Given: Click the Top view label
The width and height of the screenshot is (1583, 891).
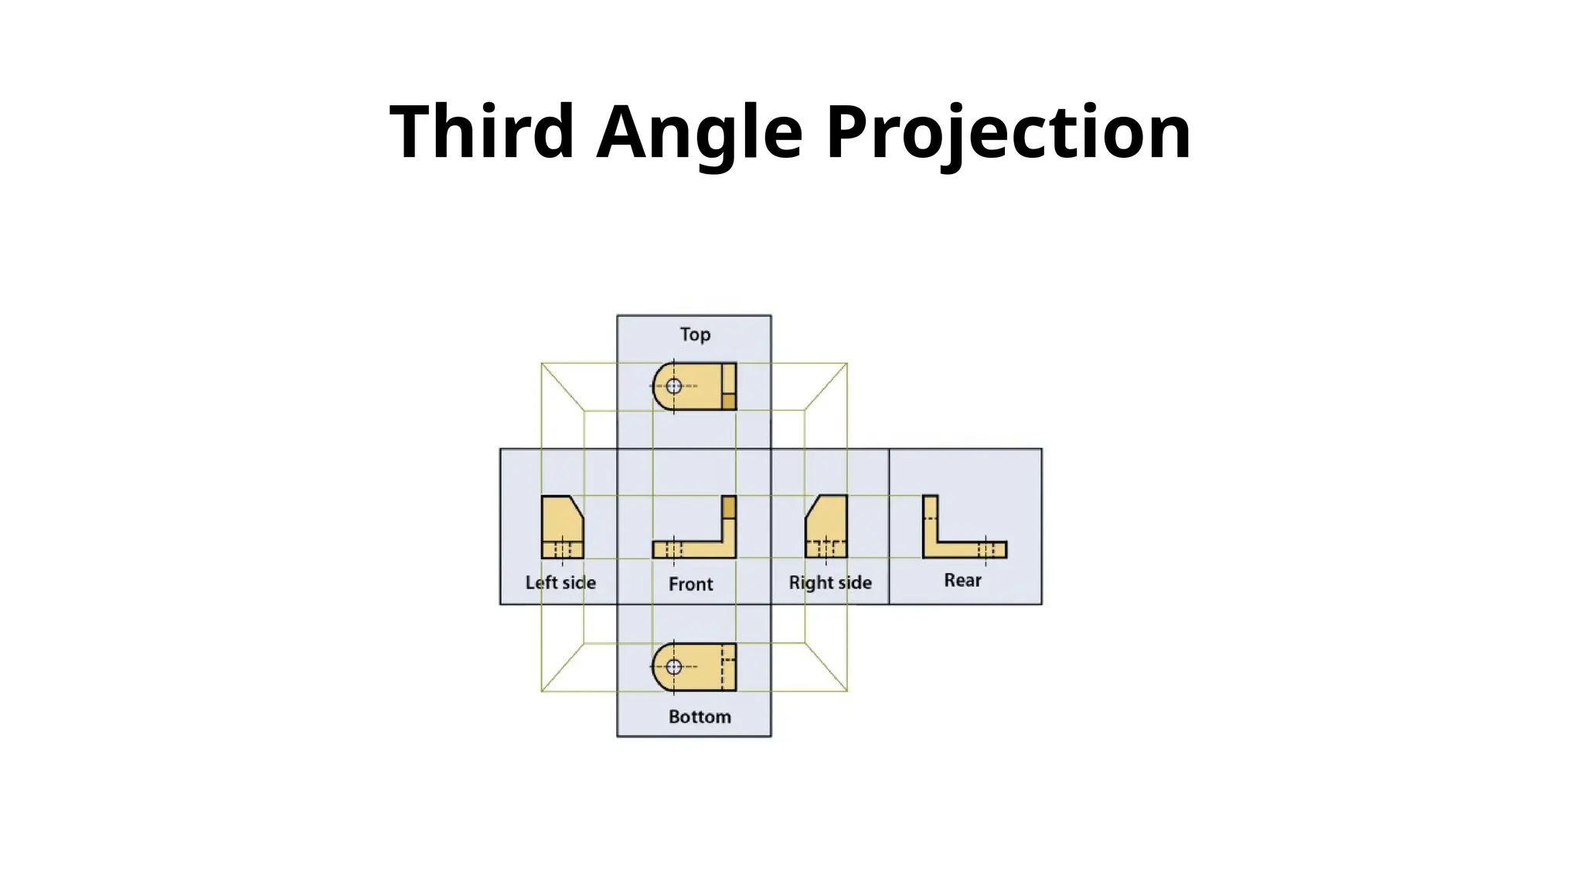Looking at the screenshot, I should pos(695,334).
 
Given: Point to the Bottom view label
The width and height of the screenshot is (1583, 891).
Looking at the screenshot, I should pos(700,717).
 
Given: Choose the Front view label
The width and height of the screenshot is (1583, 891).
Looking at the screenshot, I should pos(690,584).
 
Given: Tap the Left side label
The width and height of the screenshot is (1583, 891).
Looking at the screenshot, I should pos(560,582).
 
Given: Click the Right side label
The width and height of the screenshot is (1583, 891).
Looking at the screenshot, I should pos(830,582).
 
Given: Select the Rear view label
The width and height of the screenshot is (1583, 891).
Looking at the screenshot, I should pos(962,580).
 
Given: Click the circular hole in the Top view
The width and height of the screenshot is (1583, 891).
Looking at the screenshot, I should pos(674,386).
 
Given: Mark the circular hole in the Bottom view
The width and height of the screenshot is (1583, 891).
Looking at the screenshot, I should pos(674,667).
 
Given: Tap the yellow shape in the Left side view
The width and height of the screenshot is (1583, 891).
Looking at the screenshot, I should pos(560,522).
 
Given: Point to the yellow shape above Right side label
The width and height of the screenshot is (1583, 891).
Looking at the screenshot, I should pos(829,522).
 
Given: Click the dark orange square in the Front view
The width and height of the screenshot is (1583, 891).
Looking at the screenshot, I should pos(728,507).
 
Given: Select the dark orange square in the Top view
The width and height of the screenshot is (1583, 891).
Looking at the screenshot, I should pos(728,401).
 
